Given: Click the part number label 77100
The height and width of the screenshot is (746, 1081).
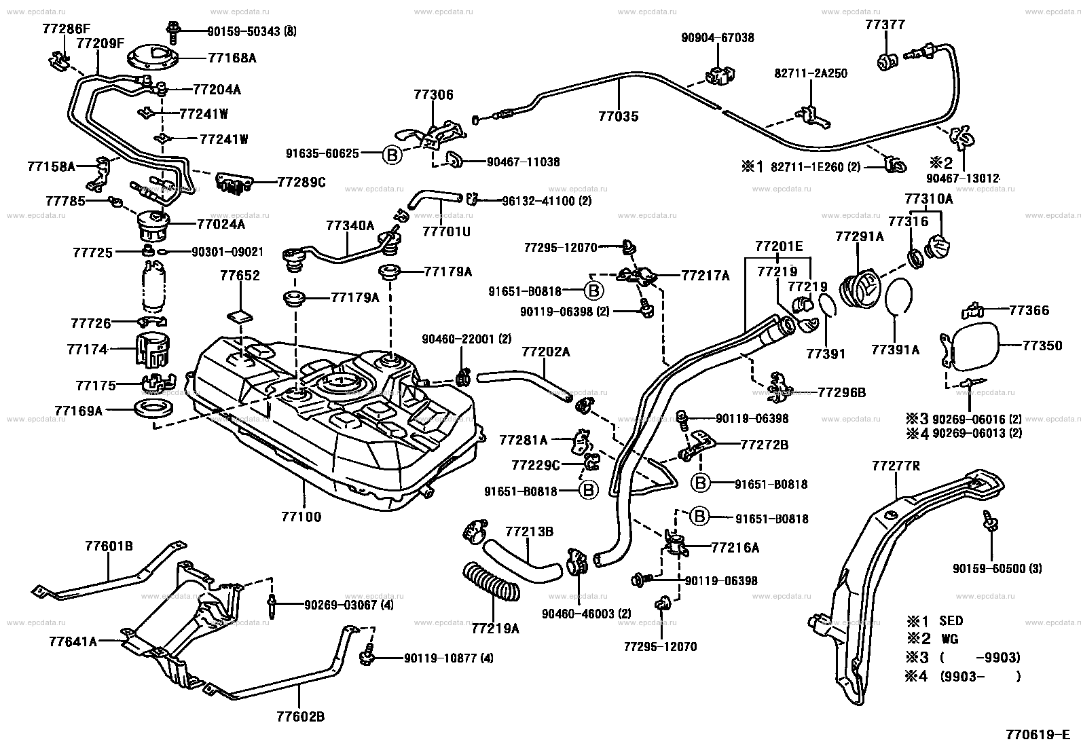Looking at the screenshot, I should coord(301,517).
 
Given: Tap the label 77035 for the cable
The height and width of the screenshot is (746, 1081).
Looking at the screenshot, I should coord(618,116).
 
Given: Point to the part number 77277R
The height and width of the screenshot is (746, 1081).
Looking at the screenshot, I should coord(896,466).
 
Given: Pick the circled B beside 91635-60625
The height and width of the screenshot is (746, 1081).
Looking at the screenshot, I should coord(392,155).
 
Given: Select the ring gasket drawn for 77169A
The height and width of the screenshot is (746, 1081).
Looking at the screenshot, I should coord(154,409).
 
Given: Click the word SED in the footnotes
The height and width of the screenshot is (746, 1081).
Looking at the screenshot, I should coord(951,620).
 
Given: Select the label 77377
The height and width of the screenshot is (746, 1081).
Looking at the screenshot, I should coord(885,25).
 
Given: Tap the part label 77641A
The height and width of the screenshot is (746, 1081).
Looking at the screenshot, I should coord(73,641).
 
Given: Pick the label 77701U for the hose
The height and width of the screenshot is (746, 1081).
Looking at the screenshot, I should coord(446,231).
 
